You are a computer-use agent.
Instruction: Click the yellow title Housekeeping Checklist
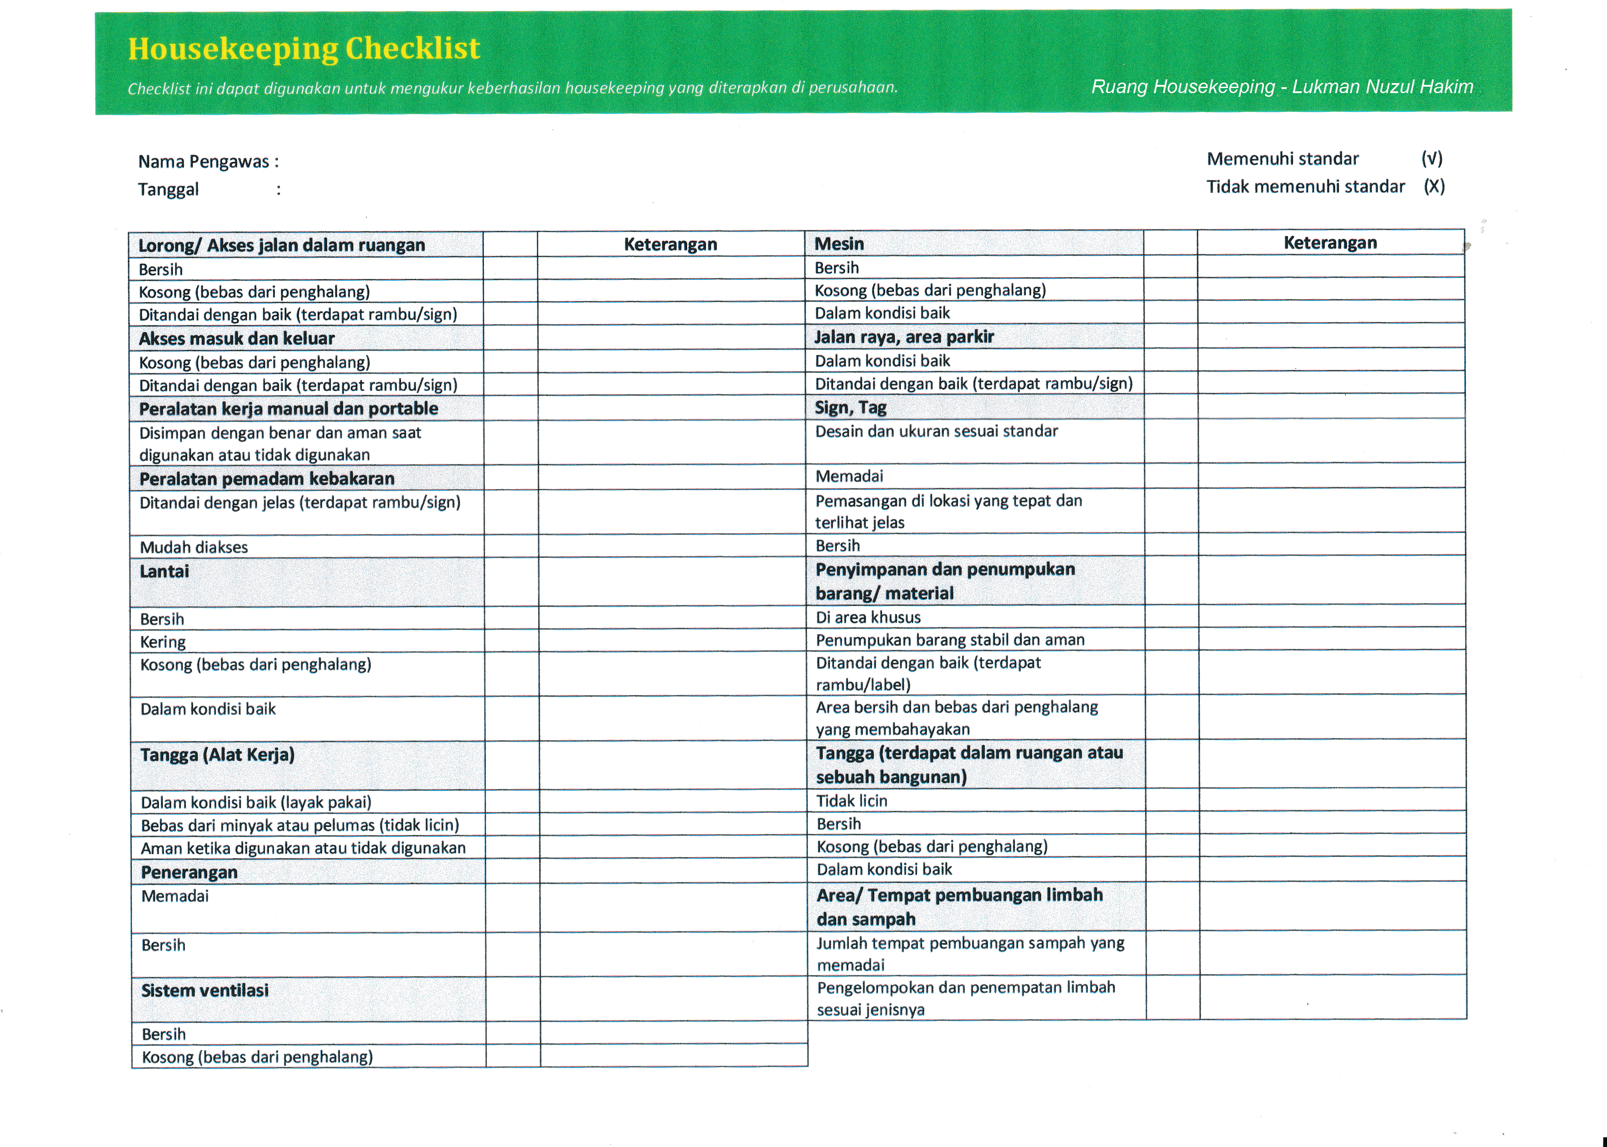(x=304, y=49)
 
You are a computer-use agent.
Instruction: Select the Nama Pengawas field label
(x=208, y=162)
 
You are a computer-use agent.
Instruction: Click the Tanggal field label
(x=168, y=189)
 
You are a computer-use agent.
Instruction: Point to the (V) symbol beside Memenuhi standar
(x=1431, y=158)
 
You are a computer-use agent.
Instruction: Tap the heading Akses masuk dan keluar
(x=237, y=338)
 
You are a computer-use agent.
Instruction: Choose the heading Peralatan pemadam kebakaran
(x=267, y=479)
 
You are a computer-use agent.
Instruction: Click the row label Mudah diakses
(x=194, y=547)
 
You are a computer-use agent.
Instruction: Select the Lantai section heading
(x=165, y=571)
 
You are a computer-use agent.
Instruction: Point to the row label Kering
(x=163, y=642)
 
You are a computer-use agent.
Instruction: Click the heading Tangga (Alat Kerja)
(x=217, y=755)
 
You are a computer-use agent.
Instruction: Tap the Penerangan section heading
(x=189, y=872)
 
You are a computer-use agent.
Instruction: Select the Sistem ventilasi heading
(x=205, y=990)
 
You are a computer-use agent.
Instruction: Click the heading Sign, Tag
(x=850, y=407)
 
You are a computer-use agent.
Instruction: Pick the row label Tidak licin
(x=852, y=801)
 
